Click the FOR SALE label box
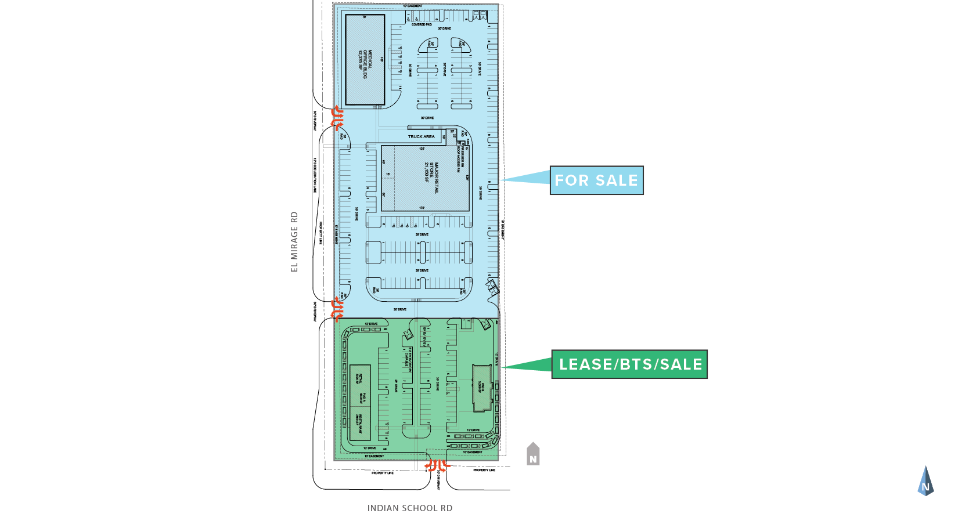click(x=596, y=180)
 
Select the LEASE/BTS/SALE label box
click(x=629, y=364)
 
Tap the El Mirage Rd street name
click(x=294, y=241)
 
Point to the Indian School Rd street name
click(x=410, y=508)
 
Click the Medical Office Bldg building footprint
click(x=365, y=60)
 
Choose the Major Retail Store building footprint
click(x=425, y=178)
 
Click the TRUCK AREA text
click(x=421, y=137)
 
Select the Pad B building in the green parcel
click(x=482, y=388)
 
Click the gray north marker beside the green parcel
click(x=533, y=454)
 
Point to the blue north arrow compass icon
click(x=925, y=482)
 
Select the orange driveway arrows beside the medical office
click(x=337, y=118)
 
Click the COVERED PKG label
click(x=422, y=25)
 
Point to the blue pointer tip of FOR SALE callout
click(x=503, y=180)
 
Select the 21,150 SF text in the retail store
click(x=427, y=173)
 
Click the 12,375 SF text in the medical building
click(x=361, y=60)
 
